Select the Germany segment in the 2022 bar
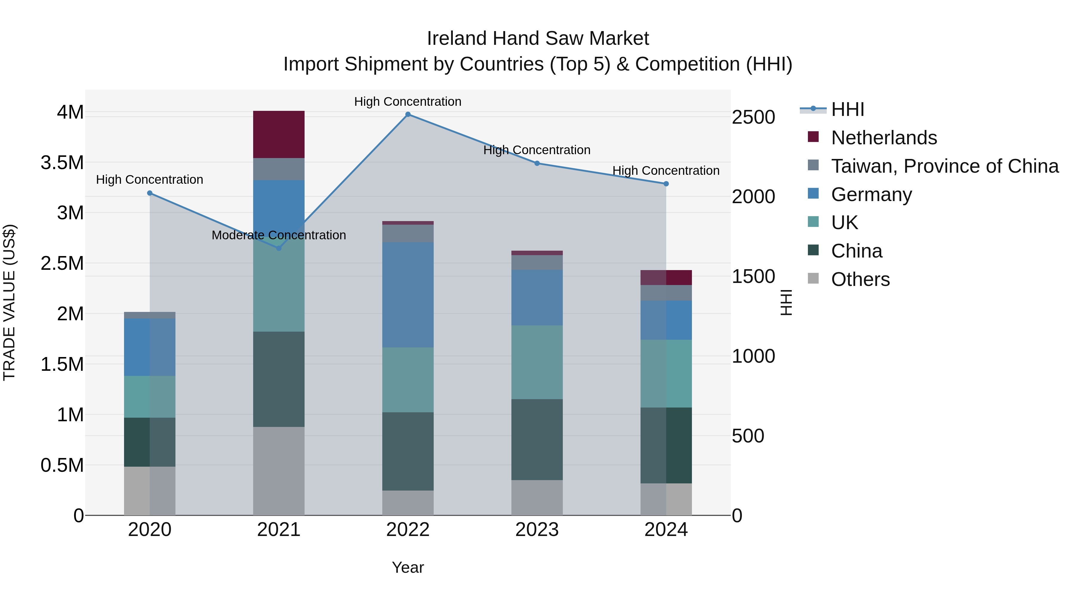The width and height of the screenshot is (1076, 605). (x=408, y=295)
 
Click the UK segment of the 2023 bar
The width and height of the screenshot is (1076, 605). (x=537, y=362)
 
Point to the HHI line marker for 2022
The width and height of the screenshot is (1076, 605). (x=408, y=114)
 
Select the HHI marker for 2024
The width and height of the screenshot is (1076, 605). (x=666, y=184)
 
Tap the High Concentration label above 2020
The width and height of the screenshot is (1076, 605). (x=149, y=180)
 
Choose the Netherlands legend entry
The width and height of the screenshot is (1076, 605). (x=884, y=138)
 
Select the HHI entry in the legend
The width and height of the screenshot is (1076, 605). (x=847, y=109)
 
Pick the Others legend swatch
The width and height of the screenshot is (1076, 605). (x=813, y=278)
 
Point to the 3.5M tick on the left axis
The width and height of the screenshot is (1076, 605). (x=62, y=163)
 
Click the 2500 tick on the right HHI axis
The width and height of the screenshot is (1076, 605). (x=753, y=117)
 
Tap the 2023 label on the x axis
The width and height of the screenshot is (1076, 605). (x=537, y=530)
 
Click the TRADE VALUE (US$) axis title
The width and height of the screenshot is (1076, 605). (x=9, y=302)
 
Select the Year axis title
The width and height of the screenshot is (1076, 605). (x=408, y=567)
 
